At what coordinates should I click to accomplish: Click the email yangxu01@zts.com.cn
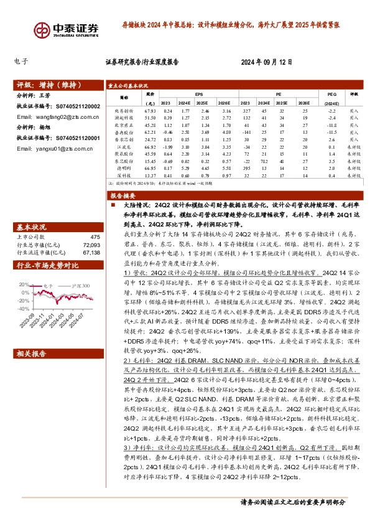click(x=50, y=149)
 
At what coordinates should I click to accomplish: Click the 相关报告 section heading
click(x=29, y=353)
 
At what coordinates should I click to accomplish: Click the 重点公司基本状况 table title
click(x=128, y=85)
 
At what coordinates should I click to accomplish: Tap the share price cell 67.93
click(x=150, y=110)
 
